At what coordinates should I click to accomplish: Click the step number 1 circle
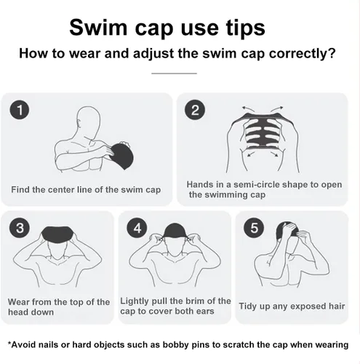click(20, 110)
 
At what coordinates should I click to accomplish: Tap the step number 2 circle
click(195, 110)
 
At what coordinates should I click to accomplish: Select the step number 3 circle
click(20, 228)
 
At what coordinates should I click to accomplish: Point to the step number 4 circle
click(137, 228)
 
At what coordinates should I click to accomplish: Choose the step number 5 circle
click(254, 228)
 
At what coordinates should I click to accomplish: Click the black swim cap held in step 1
click(121, 156)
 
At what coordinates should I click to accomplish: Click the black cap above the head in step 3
click(57, 235)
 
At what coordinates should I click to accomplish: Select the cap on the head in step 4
click(175, 230)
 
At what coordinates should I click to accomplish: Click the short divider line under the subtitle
click(174, 73)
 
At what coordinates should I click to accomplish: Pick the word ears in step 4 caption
click(204, 311)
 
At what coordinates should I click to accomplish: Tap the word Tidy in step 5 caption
click(248, 306)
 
